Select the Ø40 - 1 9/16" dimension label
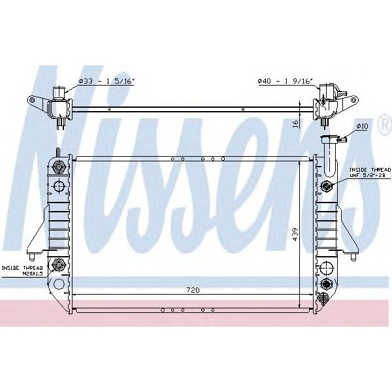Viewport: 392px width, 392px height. (x=285, y=81)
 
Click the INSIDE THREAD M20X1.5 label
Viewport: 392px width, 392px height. (x=22, y=271)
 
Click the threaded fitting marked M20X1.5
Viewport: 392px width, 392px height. (x=59, y=265)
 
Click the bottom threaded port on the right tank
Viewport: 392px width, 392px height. (x=327, y=284)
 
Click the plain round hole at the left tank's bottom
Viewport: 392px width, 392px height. (x=58, y=284)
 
